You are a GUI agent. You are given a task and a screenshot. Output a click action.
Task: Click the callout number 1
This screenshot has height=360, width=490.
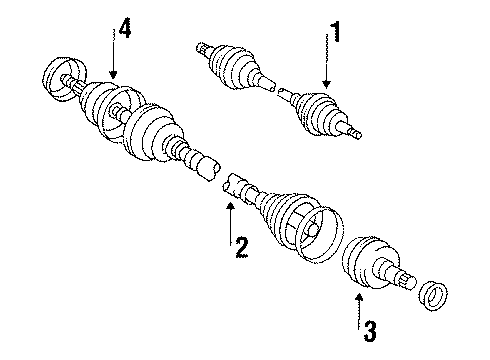point(336,33)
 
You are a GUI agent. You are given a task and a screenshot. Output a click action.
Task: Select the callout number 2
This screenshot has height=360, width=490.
point(239,244)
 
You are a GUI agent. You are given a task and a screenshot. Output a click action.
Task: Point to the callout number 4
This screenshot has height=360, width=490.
point(123,29)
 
